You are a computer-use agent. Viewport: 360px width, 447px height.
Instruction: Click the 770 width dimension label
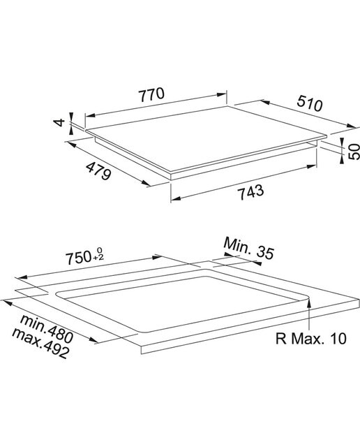pos(151,95)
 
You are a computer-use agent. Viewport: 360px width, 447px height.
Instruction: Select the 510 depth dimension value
pos(310,103)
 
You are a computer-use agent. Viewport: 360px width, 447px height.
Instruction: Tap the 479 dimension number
pos(98,170)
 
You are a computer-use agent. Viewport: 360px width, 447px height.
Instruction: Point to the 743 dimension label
pos(251,192)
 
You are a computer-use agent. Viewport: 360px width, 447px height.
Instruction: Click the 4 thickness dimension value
pos(60,123)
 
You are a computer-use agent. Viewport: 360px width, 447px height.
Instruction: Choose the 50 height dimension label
pos(354,152)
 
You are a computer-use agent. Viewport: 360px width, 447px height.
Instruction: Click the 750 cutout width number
pos(78,258)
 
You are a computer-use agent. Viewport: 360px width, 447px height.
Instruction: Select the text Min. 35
pos(249,249)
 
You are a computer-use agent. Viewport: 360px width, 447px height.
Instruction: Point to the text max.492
pos(40,343)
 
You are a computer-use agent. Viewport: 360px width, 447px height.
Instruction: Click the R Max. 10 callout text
pos(311,338)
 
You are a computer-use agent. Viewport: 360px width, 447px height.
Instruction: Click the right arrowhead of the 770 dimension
pos(222,95)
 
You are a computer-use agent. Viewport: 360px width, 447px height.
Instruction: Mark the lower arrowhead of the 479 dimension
pos(146,183)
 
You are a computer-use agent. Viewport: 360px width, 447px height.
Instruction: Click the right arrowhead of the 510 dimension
pos(351,126)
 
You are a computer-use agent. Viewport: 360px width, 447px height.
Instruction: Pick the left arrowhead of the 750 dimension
pos(22,277)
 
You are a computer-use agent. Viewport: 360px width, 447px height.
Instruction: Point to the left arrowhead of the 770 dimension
pos(91,116)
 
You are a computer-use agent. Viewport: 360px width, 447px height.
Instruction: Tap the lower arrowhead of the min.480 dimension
pos(93,340)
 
